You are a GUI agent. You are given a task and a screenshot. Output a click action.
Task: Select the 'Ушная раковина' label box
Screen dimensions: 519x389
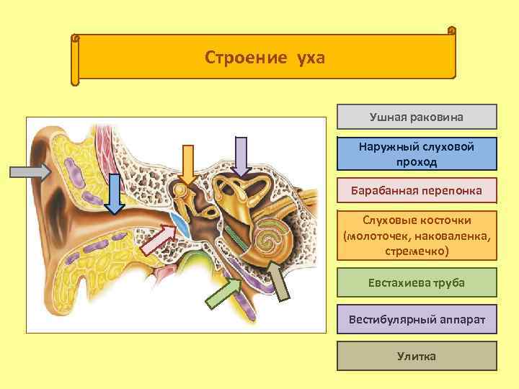click(417, 117)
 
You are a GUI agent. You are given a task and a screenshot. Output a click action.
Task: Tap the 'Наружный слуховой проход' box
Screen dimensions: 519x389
click(417, 154)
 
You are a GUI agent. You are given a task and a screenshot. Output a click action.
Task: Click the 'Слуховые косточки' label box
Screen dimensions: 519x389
click(417, 235)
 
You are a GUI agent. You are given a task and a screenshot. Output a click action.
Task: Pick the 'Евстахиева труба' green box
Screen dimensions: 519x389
click(417, 283)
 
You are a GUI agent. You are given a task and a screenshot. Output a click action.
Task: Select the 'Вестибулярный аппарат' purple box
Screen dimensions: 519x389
click(417, 319)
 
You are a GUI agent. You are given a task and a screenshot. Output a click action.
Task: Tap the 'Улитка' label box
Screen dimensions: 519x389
click(417, 356)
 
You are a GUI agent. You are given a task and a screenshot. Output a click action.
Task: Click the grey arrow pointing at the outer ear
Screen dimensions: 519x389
click(30, 171)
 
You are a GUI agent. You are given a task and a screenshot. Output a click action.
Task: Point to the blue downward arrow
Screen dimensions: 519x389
click(114, 194)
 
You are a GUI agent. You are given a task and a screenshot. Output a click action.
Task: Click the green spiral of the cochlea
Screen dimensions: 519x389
click(270, 238)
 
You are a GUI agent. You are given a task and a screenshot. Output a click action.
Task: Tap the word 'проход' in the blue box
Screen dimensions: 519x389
click(417, 162)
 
